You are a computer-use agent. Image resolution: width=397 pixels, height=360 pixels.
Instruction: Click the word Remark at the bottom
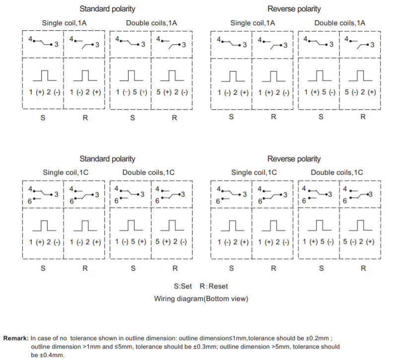click(x=16, y=338)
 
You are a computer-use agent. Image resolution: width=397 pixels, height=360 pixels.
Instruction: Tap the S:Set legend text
click(x=183, y=287)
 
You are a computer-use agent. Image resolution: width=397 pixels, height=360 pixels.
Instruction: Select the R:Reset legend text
click(x=214, y=287)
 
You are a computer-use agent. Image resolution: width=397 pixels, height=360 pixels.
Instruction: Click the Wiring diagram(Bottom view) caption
click(x=201, y=299)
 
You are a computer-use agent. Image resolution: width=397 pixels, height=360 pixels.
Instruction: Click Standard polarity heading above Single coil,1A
click(x=107, y=9)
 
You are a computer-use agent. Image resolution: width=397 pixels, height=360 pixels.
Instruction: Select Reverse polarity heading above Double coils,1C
click(x=294, y=159)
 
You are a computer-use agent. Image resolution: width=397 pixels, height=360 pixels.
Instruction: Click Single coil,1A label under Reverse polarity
click(x=253, y=23)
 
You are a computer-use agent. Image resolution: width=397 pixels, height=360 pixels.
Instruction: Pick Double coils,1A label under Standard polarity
click(x=151, y=23)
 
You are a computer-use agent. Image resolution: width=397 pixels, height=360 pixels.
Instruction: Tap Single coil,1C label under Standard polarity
click(x=66, y=172)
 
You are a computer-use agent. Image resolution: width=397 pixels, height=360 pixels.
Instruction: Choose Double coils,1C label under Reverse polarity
click(x=337, y=172)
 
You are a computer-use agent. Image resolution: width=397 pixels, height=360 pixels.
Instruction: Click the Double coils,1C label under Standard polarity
click(x=148, y=172)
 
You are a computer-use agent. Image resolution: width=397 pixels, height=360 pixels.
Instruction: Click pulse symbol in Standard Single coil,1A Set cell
click(x=45, y=75)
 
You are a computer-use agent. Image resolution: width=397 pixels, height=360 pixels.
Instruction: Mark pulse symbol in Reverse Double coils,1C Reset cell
click(x=361, y=225)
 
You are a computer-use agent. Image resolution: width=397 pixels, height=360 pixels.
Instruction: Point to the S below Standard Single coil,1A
click(x=43, y=118)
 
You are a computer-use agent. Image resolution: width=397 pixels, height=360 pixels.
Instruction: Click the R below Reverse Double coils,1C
click(x=363, y=268)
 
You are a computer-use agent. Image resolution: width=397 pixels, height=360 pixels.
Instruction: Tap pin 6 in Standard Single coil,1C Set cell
click(x=30, y=201)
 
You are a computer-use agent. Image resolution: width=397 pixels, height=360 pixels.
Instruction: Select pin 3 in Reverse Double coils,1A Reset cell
click(x=372, y=45)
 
